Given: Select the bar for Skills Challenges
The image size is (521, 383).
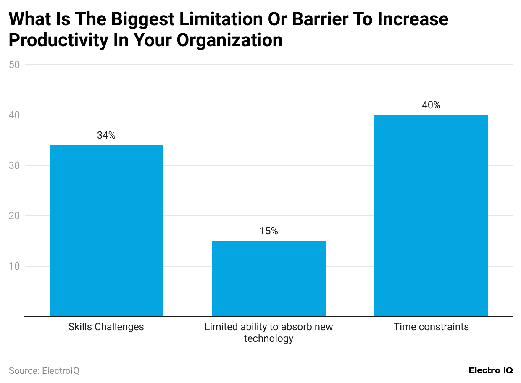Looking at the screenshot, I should (106, 231).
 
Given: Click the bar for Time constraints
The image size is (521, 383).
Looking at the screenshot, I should (431, 215).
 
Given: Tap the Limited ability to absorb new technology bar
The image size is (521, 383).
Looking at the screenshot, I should (268, 278).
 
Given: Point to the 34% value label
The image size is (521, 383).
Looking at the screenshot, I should (106, 135).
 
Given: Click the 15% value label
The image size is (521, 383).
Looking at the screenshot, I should (268, 231).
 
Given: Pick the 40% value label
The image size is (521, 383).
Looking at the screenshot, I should (431, 105).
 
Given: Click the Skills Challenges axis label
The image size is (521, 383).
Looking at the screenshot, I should (106, 327).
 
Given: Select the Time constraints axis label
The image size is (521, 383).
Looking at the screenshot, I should (431, 327).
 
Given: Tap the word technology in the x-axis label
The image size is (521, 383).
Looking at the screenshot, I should (268, 338).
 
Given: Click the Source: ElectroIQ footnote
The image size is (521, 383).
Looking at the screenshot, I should (44, 370).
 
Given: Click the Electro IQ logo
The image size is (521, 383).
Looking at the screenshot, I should (490, 370).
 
